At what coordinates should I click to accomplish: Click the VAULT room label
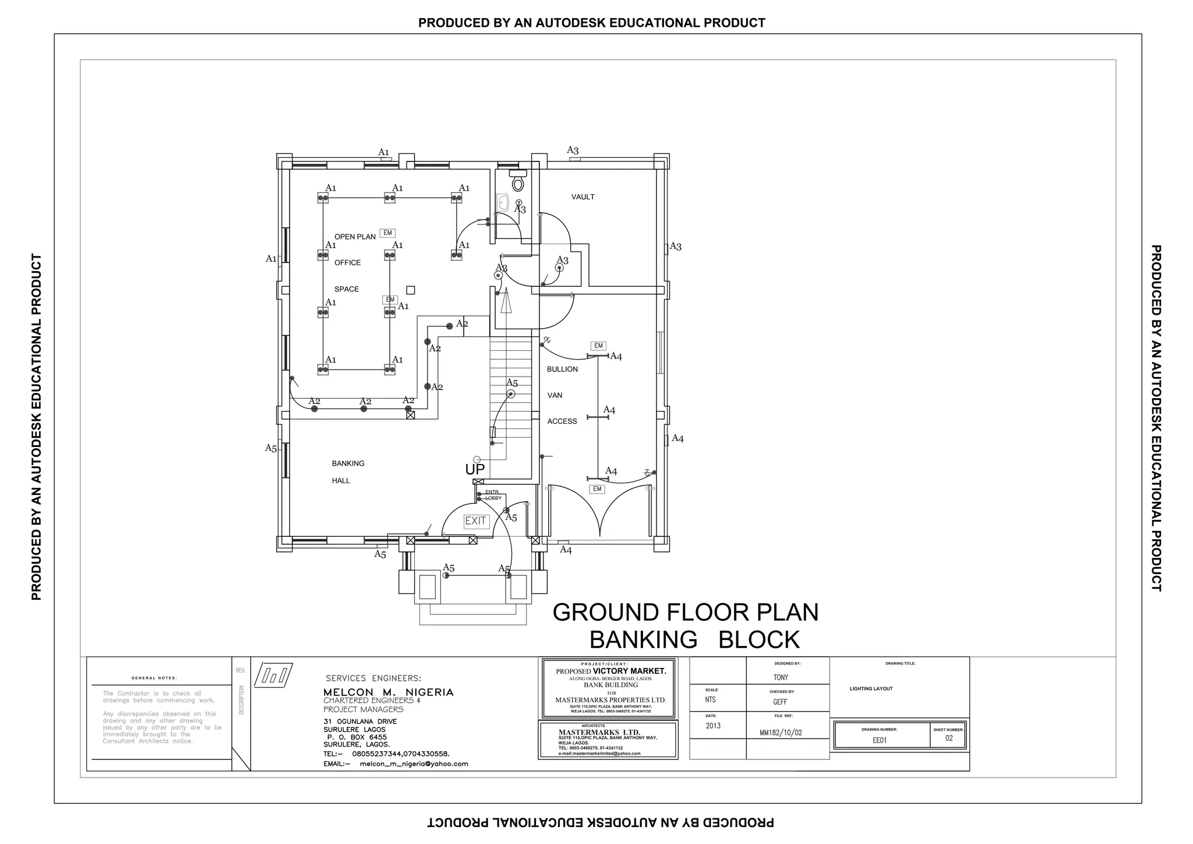tap(583, 197)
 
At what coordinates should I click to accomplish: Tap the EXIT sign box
tap(475, 521)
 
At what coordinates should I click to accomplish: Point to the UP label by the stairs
tap(475, 469)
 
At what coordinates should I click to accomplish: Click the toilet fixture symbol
tap(517, 181)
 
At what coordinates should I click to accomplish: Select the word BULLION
tap(562, 369)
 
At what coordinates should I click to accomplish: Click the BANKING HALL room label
tap(348, 472)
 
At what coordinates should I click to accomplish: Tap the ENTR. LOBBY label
tap(493, 495)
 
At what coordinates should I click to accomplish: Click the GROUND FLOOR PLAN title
tap(685, 613)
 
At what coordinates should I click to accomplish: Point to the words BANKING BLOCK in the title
tap(694, 640)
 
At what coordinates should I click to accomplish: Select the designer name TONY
tap(781, 677)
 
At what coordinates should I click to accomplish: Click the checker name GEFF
tap(780, 702)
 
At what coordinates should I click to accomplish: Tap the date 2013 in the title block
tap(713, 726)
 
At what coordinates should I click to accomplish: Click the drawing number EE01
tap(879, 740)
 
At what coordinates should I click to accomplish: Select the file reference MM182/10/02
tap(781, 733)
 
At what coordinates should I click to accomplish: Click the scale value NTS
tap(710, 699)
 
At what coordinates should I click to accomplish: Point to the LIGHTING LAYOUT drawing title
tap(871, 689)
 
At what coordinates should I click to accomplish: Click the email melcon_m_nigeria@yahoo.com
tap(414, 764)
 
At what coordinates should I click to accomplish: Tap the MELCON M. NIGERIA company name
tap(388, 692)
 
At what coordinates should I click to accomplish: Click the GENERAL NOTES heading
tap(154, 678)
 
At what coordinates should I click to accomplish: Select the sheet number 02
tap(949, 738)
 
